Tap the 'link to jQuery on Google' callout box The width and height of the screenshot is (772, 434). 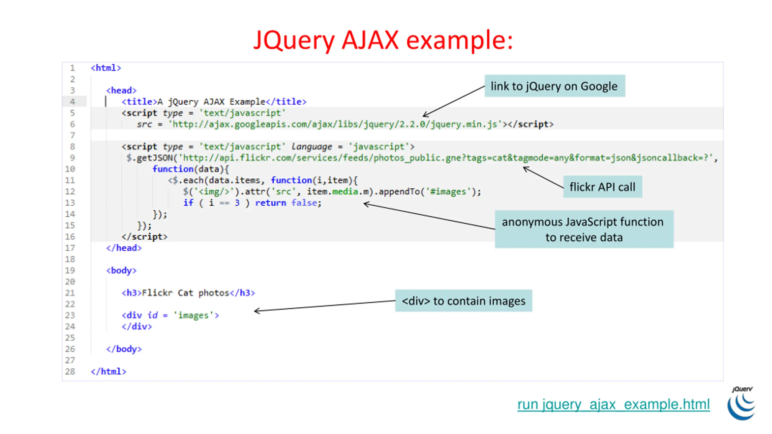554,86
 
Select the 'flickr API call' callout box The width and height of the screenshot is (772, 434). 602,187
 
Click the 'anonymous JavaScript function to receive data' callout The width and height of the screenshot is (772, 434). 584,229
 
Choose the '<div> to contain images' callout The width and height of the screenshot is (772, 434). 463,301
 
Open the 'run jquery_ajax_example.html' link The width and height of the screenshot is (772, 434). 613,404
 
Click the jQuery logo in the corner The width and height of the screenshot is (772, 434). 741,404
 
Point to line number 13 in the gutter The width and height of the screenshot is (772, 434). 70,203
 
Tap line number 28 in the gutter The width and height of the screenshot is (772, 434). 70,371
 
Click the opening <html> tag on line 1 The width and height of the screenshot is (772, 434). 106,68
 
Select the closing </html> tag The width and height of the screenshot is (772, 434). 109,371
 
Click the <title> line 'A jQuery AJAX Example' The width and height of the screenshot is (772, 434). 214,102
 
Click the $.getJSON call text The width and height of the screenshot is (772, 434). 150,158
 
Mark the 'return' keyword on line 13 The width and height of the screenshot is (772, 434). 271,203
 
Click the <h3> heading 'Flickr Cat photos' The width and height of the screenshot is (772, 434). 188,293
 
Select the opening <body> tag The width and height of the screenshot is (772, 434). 121,270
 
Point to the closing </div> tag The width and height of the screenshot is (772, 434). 137,326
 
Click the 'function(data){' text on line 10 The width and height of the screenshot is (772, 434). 191,169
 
